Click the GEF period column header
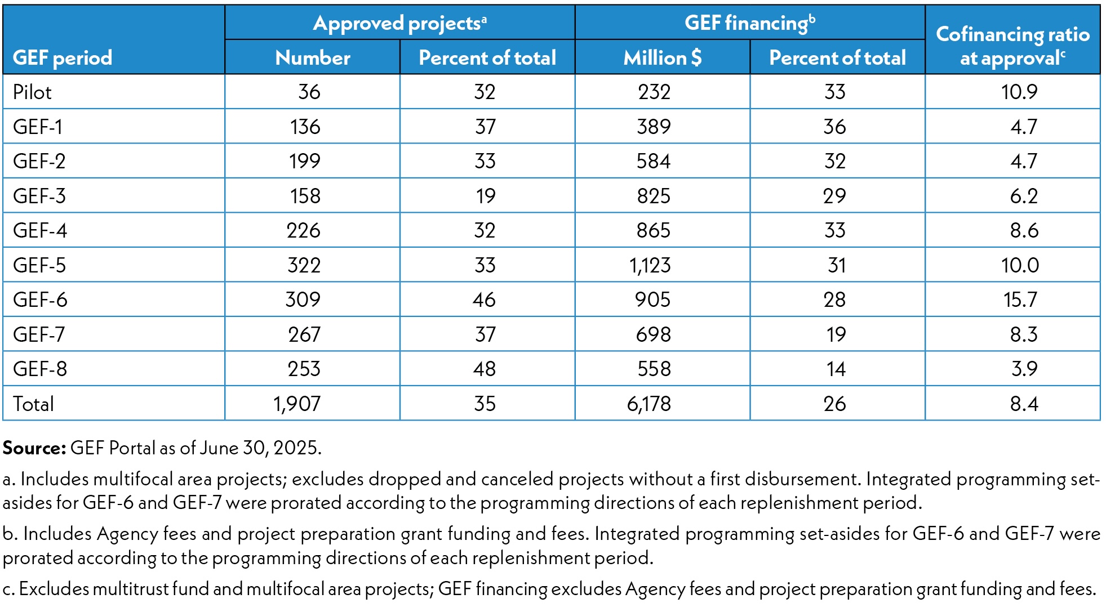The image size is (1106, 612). coord(63,57)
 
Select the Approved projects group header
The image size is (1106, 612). coord(399,23)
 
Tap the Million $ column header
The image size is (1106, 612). coord(662,57)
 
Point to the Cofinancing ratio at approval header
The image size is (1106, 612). coord(1012,46)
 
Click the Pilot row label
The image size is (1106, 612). coord(32,92)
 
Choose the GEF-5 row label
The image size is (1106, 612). coord(39,265)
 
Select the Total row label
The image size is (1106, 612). coord(33,404)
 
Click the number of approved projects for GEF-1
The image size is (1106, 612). coord(305,127)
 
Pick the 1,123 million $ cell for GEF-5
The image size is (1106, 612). coord(650,265)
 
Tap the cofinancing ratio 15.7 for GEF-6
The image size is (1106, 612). coord(1020,300)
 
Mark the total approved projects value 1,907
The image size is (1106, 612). coord(297,404)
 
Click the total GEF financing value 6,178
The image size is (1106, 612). coord(649,404)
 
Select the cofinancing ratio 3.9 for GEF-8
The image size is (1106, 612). coord(1024,369)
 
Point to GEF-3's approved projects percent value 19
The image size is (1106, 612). coord(485,196)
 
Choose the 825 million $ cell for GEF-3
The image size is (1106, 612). coord(653,196)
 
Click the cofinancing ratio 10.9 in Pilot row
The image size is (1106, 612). coord(1019,92)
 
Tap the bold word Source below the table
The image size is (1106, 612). coord(34,448)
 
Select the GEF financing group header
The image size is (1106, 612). coord(749,23)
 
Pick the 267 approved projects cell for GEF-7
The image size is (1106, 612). coord(304,334)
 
